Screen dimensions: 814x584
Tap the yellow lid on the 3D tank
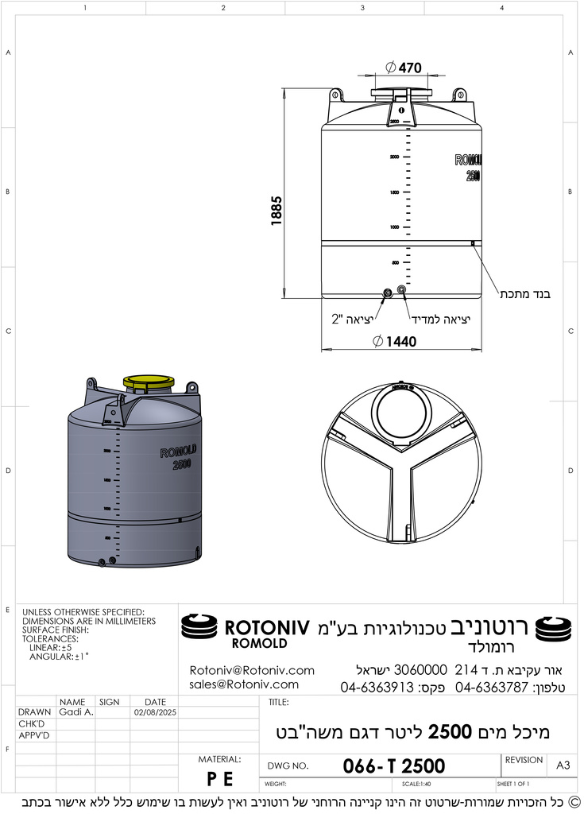[149, 383]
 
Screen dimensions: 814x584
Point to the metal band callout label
[524, 294]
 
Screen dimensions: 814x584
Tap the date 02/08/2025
[154, 713]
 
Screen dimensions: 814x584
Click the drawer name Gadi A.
[76, 713]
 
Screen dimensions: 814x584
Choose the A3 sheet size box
[563, 765]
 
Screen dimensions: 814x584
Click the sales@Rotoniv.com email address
[244, 684]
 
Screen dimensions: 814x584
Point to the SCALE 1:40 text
[416, 785]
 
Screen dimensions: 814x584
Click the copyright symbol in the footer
[574, 802]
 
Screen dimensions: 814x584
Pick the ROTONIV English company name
[266, 626]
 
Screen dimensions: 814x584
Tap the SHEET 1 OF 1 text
[513, 785]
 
